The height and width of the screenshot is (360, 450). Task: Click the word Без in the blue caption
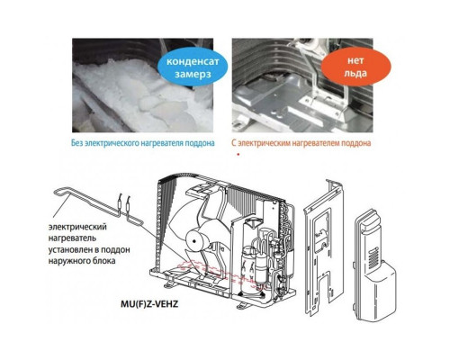pyautogui.click(x=78, y=143)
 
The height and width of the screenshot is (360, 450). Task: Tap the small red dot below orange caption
pyautogui.click(x=238, y=155)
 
